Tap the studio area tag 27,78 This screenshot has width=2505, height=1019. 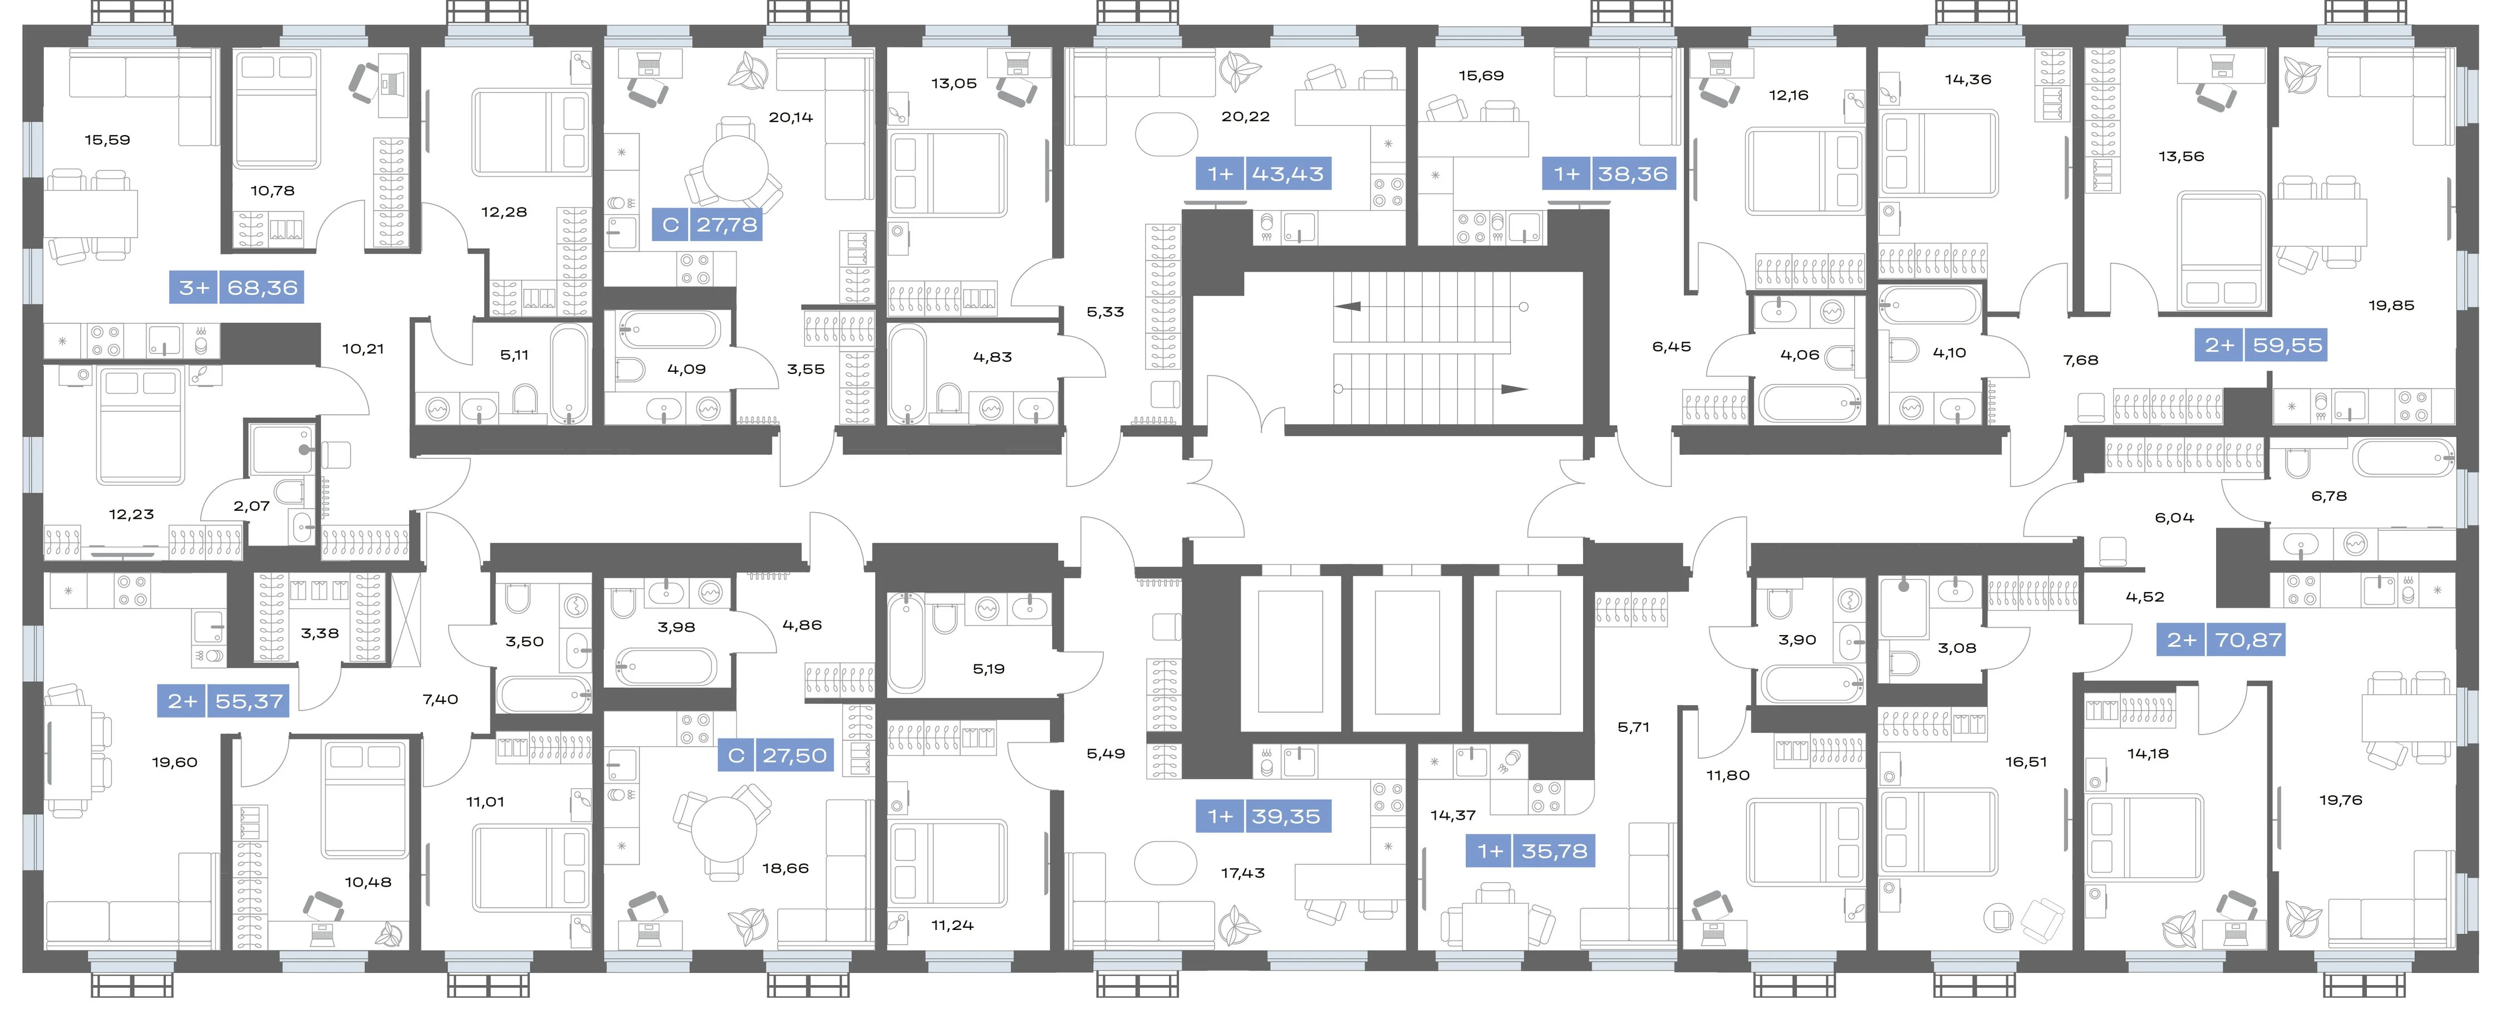[x=726, y=225]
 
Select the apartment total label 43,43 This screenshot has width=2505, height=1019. [x=1288, y=174]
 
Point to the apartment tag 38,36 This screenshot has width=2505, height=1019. [x=1633, y=174]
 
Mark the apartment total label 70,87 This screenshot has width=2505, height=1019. [x=2248, y=640]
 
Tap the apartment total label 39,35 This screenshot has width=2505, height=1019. [x=1285, y=817]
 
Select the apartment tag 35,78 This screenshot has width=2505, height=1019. [x=1554, y=851]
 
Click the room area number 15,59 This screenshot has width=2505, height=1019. [x=107, y=140]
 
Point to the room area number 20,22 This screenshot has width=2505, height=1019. [x=1246, y=117]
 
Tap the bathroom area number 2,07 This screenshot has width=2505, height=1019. [x=252, y=506]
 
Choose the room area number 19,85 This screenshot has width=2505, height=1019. [x=2391, y=306]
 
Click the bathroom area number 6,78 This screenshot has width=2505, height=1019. [x=2329, y=496]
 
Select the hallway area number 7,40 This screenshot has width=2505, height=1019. [x=440, y=699]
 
